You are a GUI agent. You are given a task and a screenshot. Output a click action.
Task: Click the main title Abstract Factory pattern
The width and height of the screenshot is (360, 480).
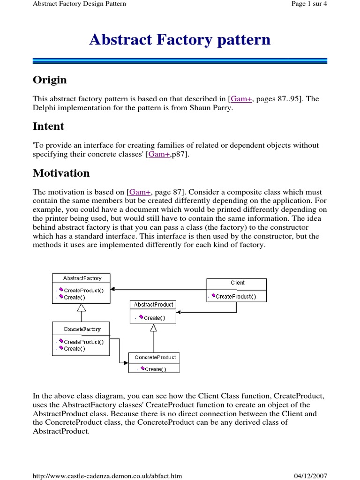(180, 40)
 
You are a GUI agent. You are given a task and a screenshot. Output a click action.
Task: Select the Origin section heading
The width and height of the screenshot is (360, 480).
(50, 80)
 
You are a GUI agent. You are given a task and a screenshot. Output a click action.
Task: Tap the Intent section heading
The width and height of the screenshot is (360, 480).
(48, 127)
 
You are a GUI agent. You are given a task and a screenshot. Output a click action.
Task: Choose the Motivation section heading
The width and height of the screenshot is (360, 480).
(61, 173)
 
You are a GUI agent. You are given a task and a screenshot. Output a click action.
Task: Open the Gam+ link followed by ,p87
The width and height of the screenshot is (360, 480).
(158, 154)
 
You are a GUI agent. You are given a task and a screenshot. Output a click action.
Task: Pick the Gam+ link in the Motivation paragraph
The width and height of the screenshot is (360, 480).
(140, 192)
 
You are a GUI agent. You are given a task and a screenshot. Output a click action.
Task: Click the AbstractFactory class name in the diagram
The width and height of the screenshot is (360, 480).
(82, 278)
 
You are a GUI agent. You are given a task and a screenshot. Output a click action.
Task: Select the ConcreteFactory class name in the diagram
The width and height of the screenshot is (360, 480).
(82, 329)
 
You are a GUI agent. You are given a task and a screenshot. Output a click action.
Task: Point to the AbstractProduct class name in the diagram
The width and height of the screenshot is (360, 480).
(153, 305)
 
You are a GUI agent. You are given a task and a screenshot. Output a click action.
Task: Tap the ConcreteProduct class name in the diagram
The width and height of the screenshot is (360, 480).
(155, 357)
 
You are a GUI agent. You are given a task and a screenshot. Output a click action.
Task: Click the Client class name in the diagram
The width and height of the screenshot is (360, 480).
(237, 283)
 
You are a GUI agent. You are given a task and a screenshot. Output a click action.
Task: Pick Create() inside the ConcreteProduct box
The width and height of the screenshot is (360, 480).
(156, 369)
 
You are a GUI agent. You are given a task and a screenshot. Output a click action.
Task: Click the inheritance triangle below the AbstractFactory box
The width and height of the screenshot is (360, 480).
(82, 308)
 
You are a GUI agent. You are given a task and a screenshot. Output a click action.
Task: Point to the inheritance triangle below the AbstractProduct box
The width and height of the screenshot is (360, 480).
(153, 328)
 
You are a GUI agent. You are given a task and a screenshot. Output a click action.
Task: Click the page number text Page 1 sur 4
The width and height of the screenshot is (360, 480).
(309, 4)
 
